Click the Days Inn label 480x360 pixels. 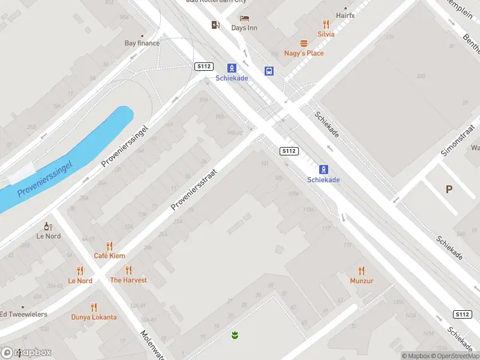[244, 28]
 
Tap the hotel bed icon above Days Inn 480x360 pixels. [244, 19]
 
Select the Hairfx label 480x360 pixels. [345, 15]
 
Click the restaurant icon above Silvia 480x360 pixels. [326, 24]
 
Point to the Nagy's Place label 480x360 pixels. [304, 53]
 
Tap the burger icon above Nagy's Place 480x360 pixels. [304, 43]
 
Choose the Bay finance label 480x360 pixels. [142, 43]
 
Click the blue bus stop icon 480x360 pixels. [269, 71]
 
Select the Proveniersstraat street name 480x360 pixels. [193, 188]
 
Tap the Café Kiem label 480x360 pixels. [109, 256]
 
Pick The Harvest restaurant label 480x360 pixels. [128, 280]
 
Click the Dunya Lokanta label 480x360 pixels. [94, 317]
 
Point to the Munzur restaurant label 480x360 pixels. [362, 280]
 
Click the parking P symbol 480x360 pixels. [449, 189]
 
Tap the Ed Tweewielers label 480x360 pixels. [23, 314]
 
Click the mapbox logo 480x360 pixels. [26, 352]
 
